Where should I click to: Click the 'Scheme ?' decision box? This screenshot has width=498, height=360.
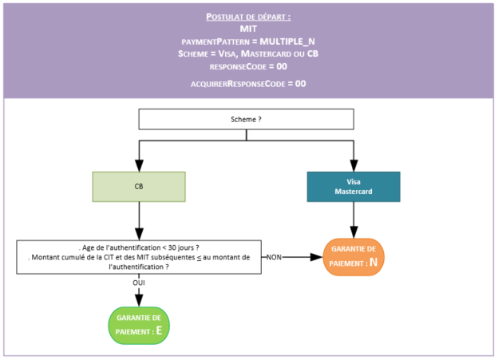click(x=246, y=119)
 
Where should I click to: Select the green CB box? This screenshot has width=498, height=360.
click(x=139, y=186)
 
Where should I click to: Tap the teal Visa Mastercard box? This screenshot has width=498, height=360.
click(x=353, y=186)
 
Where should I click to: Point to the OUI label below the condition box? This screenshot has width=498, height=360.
click(x=139, y=283)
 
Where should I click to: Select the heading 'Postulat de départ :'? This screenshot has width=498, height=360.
click(x=248, y=16)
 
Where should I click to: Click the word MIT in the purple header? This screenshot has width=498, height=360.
click(x=248, y=28)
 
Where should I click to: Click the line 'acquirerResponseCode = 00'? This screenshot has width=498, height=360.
click(x=248, y=83)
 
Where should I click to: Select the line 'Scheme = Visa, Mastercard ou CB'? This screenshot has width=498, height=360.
click(x=248, y=53)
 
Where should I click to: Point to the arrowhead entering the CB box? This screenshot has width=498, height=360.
click(x=139, y=166)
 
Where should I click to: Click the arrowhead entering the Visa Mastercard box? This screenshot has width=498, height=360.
click(x=353, y=166)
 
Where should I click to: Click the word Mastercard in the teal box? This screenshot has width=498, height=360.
click(x=353, y=192)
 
